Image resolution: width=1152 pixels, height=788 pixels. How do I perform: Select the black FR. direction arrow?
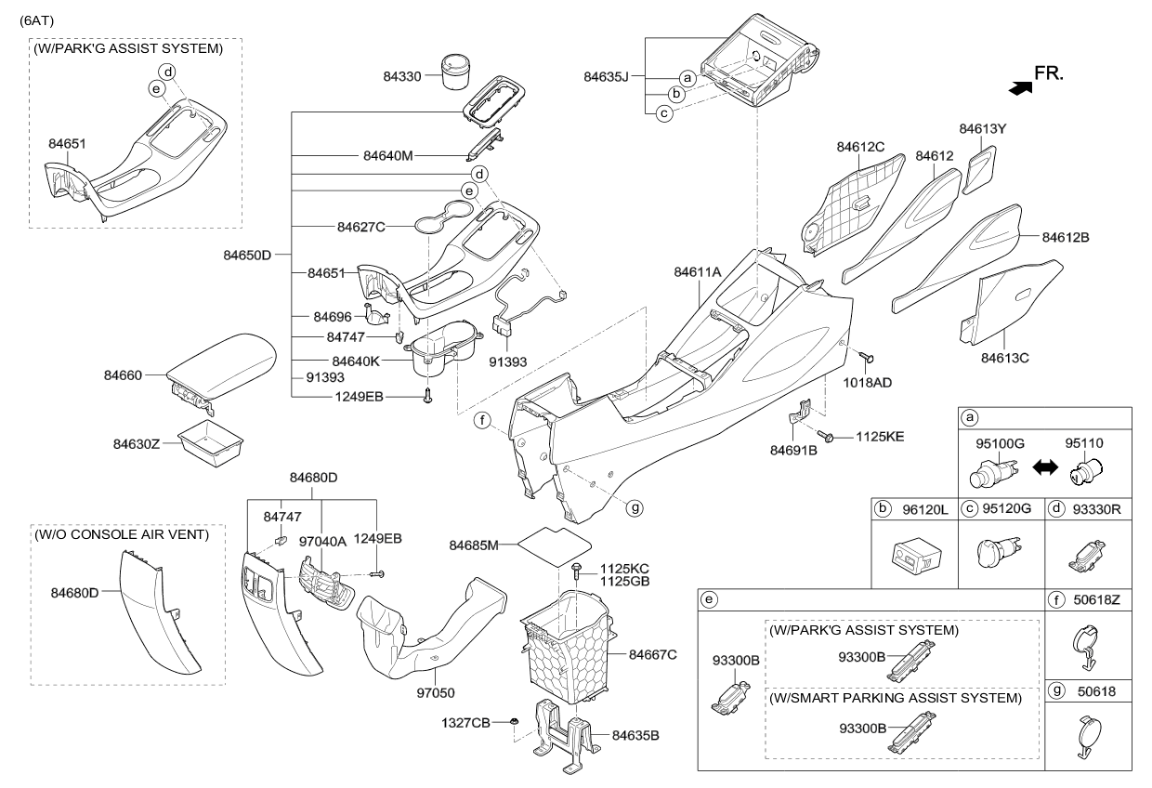[1020, 87]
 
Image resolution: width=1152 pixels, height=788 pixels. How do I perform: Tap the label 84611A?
[698, 271]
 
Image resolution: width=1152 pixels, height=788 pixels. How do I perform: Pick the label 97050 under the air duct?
[438, 692]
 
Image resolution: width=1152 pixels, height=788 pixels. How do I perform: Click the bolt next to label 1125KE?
[824, 435]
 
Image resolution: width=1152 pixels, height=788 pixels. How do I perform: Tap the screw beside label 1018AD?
[869, 357]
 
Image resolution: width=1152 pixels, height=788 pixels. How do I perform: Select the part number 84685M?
[475, 543]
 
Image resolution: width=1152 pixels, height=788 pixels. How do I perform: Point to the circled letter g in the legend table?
[1056, 691]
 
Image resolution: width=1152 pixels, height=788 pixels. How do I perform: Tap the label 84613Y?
[983, 128]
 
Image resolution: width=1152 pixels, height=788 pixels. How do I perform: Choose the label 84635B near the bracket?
[635, 735]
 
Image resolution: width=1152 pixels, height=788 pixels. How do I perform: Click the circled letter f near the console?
[483, 421]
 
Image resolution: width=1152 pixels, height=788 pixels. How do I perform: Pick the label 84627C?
[360, 225]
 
